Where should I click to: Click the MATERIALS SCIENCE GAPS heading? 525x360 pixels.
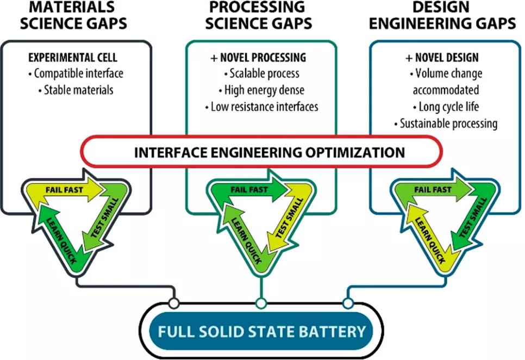[78, 15]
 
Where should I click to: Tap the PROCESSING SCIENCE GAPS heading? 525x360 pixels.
[261, 15]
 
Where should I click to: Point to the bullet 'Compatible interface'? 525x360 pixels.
[76, 73]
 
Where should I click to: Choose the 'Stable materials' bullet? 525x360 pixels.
[76, 90]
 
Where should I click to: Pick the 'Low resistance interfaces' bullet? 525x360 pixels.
[261, 107]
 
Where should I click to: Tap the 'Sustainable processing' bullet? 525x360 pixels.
[446, 123]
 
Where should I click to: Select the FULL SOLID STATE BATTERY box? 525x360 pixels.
[261, 331]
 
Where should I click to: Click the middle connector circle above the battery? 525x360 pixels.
[261, 303]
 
